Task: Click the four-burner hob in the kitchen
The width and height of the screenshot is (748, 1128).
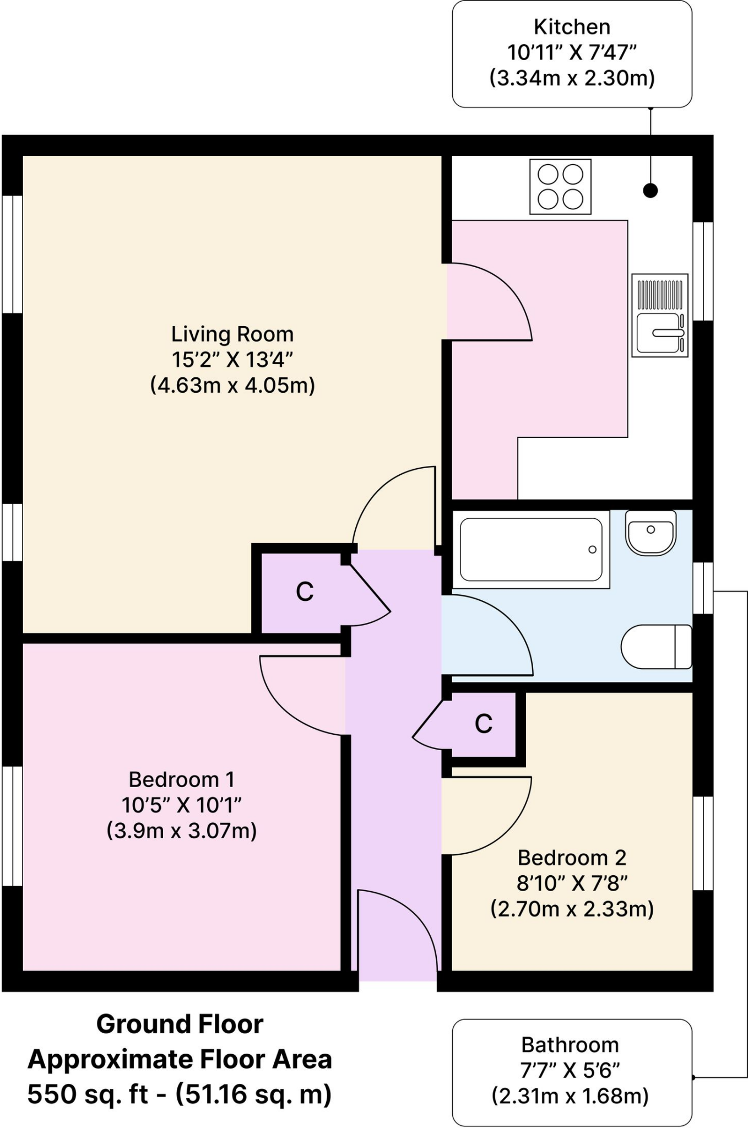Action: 560,187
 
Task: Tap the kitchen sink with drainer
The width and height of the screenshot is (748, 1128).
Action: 659,315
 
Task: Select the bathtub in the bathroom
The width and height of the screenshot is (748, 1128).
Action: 531,549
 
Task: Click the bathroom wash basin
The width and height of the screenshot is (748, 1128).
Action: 651,533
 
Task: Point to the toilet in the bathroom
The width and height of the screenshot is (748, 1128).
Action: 656,647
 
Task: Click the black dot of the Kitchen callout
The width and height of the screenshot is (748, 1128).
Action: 651,191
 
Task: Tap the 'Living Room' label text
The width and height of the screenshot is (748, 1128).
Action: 232,334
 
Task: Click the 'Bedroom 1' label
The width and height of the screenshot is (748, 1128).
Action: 182,779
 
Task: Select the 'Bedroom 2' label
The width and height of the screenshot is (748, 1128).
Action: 572,858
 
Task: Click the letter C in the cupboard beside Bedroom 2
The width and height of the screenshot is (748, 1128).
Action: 484,724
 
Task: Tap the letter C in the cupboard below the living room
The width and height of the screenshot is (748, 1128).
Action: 305,592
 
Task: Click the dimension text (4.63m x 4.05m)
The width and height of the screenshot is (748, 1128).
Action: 232,384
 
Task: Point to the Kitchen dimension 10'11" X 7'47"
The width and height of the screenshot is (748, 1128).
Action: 572,52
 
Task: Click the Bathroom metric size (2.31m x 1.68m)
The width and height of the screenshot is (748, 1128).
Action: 570,1096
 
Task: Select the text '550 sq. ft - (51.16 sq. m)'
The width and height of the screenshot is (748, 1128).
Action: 180,1094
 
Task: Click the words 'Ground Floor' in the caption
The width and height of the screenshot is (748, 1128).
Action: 180,1024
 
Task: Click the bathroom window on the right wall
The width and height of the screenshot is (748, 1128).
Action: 703,588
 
